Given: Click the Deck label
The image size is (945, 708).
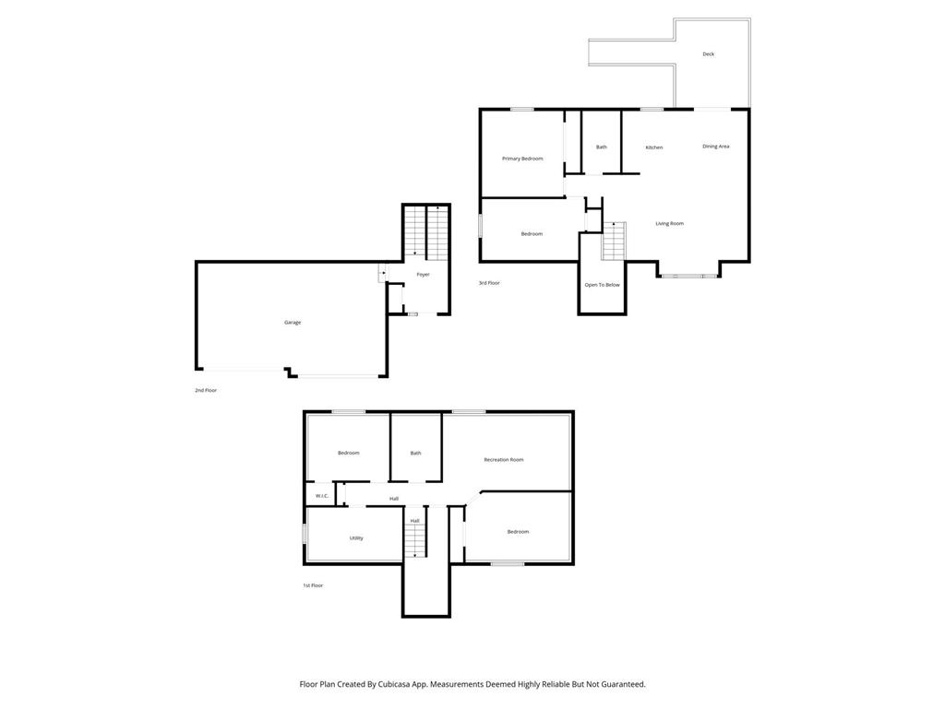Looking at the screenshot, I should click(x=708, y=54).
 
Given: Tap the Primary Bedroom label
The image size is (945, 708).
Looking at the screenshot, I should click(x=522, y=159).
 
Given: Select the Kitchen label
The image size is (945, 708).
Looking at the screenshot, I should click(x=653, y=147).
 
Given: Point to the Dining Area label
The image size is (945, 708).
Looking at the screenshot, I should click(x=715, y=147).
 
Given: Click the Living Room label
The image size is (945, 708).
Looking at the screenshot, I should click(x=669, y=223).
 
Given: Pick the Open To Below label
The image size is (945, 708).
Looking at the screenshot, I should click(x=602, y=285).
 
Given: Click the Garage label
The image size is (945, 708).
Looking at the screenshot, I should click(x=293, y=322).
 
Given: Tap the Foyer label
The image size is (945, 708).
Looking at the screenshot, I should click(x=423, y=275).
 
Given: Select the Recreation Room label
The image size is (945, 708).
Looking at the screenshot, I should click(x=504, y=459).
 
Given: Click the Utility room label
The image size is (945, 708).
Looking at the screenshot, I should click(x=356, y=537).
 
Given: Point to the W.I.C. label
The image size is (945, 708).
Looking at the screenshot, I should click(x=322, y=496).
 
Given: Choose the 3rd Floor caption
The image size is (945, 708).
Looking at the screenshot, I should click(x=489, y=283).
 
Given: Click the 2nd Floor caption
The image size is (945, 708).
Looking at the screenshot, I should click(x=206, y=390).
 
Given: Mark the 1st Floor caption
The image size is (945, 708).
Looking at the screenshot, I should click(x=312, y=585).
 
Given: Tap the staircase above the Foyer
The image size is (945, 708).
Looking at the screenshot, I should click(x=425, y=230).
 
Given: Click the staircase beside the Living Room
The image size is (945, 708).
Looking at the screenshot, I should click(x=614, y=241).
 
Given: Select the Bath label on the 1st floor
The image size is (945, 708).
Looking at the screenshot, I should click(x=415, y=453).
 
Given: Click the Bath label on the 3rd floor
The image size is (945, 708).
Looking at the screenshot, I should click(x=601, y=147).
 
